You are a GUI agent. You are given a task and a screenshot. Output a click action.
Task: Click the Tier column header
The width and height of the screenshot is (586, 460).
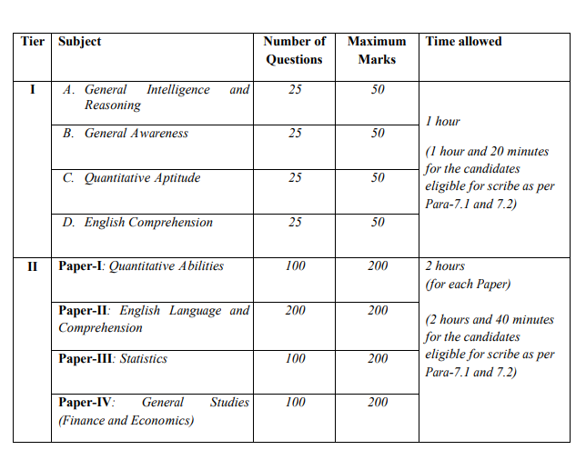(33, 42)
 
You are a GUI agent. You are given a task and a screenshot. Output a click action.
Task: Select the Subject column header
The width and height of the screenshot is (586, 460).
(80, 42)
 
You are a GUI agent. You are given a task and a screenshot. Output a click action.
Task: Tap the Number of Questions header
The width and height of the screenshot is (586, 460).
(294, 50)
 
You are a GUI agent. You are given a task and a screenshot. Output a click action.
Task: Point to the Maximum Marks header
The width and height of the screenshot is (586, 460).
(377, 50)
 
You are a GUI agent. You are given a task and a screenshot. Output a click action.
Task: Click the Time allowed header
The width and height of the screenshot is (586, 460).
(463, 42)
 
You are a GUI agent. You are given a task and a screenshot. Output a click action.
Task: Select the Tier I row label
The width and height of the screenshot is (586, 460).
(33, 90)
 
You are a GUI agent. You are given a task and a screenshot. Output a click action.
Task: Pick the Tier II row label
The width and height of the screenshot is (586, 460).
(33, 266)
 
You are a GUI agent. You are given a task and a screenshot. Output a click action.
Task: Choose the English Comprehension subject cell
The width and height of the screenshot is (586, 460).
(137, 223)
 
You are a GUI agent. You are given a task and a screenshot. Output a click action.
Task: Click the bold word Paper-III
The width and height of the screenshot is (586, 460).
(86, 359)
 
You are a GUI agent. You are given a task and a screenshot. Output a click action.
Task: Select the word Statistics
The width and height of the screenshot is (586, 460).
(144, 359)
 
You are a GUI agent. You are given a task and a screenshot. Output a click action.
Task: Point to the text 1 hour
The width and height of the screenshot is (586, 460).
(442, 122)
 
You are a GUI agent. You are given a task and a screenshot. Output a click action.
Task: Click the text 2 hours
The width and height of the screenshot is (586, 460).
(445, 266)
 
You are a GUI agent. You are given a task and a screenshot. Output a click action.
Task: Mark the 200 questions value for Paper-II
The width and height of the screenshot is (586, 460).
(295, 311)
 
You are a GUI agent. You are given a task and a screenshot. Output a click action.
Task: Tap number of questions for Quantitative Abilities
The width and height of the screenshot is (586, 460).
(295, 266)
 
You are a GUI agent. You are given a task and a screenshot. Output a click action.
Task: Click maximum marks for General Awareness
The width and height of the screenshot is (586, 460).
(378, 134)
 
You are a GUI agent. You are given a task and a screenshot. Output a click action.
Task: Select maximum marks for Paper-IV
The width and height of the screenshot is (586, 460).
(378, 403)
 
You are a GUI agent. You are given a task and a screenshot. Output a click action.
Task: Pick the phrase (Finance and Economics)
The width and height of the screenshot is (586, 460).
(126, 421)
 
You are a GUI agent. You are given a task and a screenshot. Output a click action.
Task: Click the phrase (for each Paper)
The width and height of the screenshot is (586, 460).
(468, 285)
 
